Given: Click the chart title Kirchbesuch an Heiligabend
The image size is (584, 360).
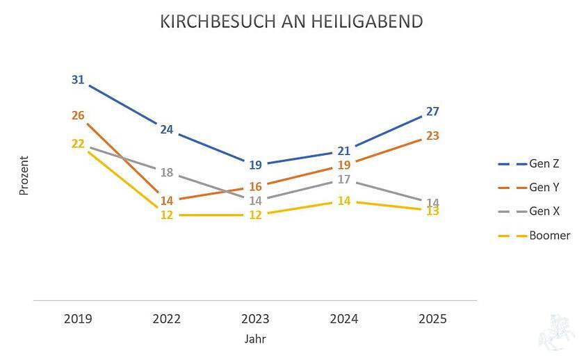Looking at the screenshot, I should point(291,22).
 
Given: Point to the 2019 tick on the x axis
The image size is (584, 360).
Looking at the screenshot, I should point(78,319).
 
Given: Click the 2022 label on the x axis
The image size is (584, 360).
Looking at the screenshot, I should point(166,319).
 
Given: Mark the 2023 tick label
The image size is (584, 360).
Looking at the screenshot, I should point(255,319).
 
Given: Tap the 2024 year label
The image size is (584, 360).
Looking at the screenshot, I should point(344,319).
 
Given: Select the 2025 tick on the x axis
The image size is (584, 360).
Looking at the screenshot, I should point(432,319).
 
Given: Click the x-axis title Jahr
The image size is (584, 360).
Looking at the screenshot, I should point(255,340).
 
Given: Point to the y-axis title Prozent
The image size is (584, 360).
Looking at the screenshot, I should point(24,175).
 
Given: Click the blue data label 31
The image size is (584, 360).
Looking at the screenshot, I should point(78,80).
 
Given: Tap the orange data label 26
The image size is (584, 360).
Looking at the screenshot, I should point(78,115).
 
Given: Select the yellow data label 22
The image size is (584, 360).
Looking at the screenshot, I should point(78,144).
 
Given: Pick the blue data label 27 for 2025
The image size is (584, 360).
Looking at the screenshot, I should point(432,111).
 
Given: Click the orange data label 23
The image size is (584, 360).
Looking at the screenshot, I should point(432,136).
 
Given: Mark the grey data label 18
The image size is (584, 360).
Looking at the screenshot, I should point(166,173).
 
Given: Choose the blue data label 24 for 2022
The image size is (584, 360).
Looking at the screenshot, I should point(166,129).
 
